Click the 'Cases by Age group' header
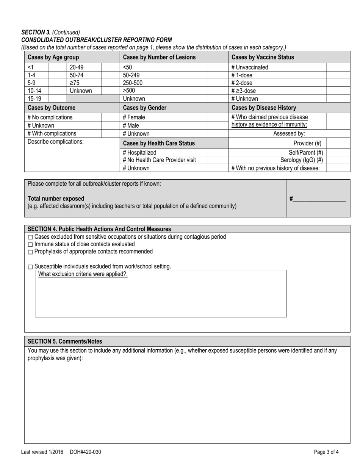click(x=53, y=57)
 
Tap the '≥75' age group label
click(x=75, y=83)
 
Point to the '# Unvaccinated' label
click(x=249, y=67)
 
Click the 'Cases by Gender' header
click(x=145, y=108)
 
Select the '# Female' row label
click(x=134, y=117)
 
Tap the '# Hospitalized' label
click(x=139, y=152)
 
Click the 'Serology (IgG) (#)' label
click(x=302, y=160)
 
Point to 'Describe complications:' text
click(x=56, y=142)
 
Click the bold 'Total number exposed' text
click(x=56, y=199)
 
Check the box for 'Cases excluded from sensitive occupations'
click(x=30, y=237)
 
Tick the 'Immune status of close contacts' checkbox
click(x=30, y=244)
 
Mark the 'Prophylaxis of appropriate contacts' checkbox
click(x=30, y=252)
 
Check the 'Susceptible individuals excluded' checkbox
click(x=30, y=267)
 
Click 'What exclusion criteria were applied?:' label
click(x=83, y=274)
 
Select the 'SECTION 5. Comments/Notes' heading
click(x=65, y=341)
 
